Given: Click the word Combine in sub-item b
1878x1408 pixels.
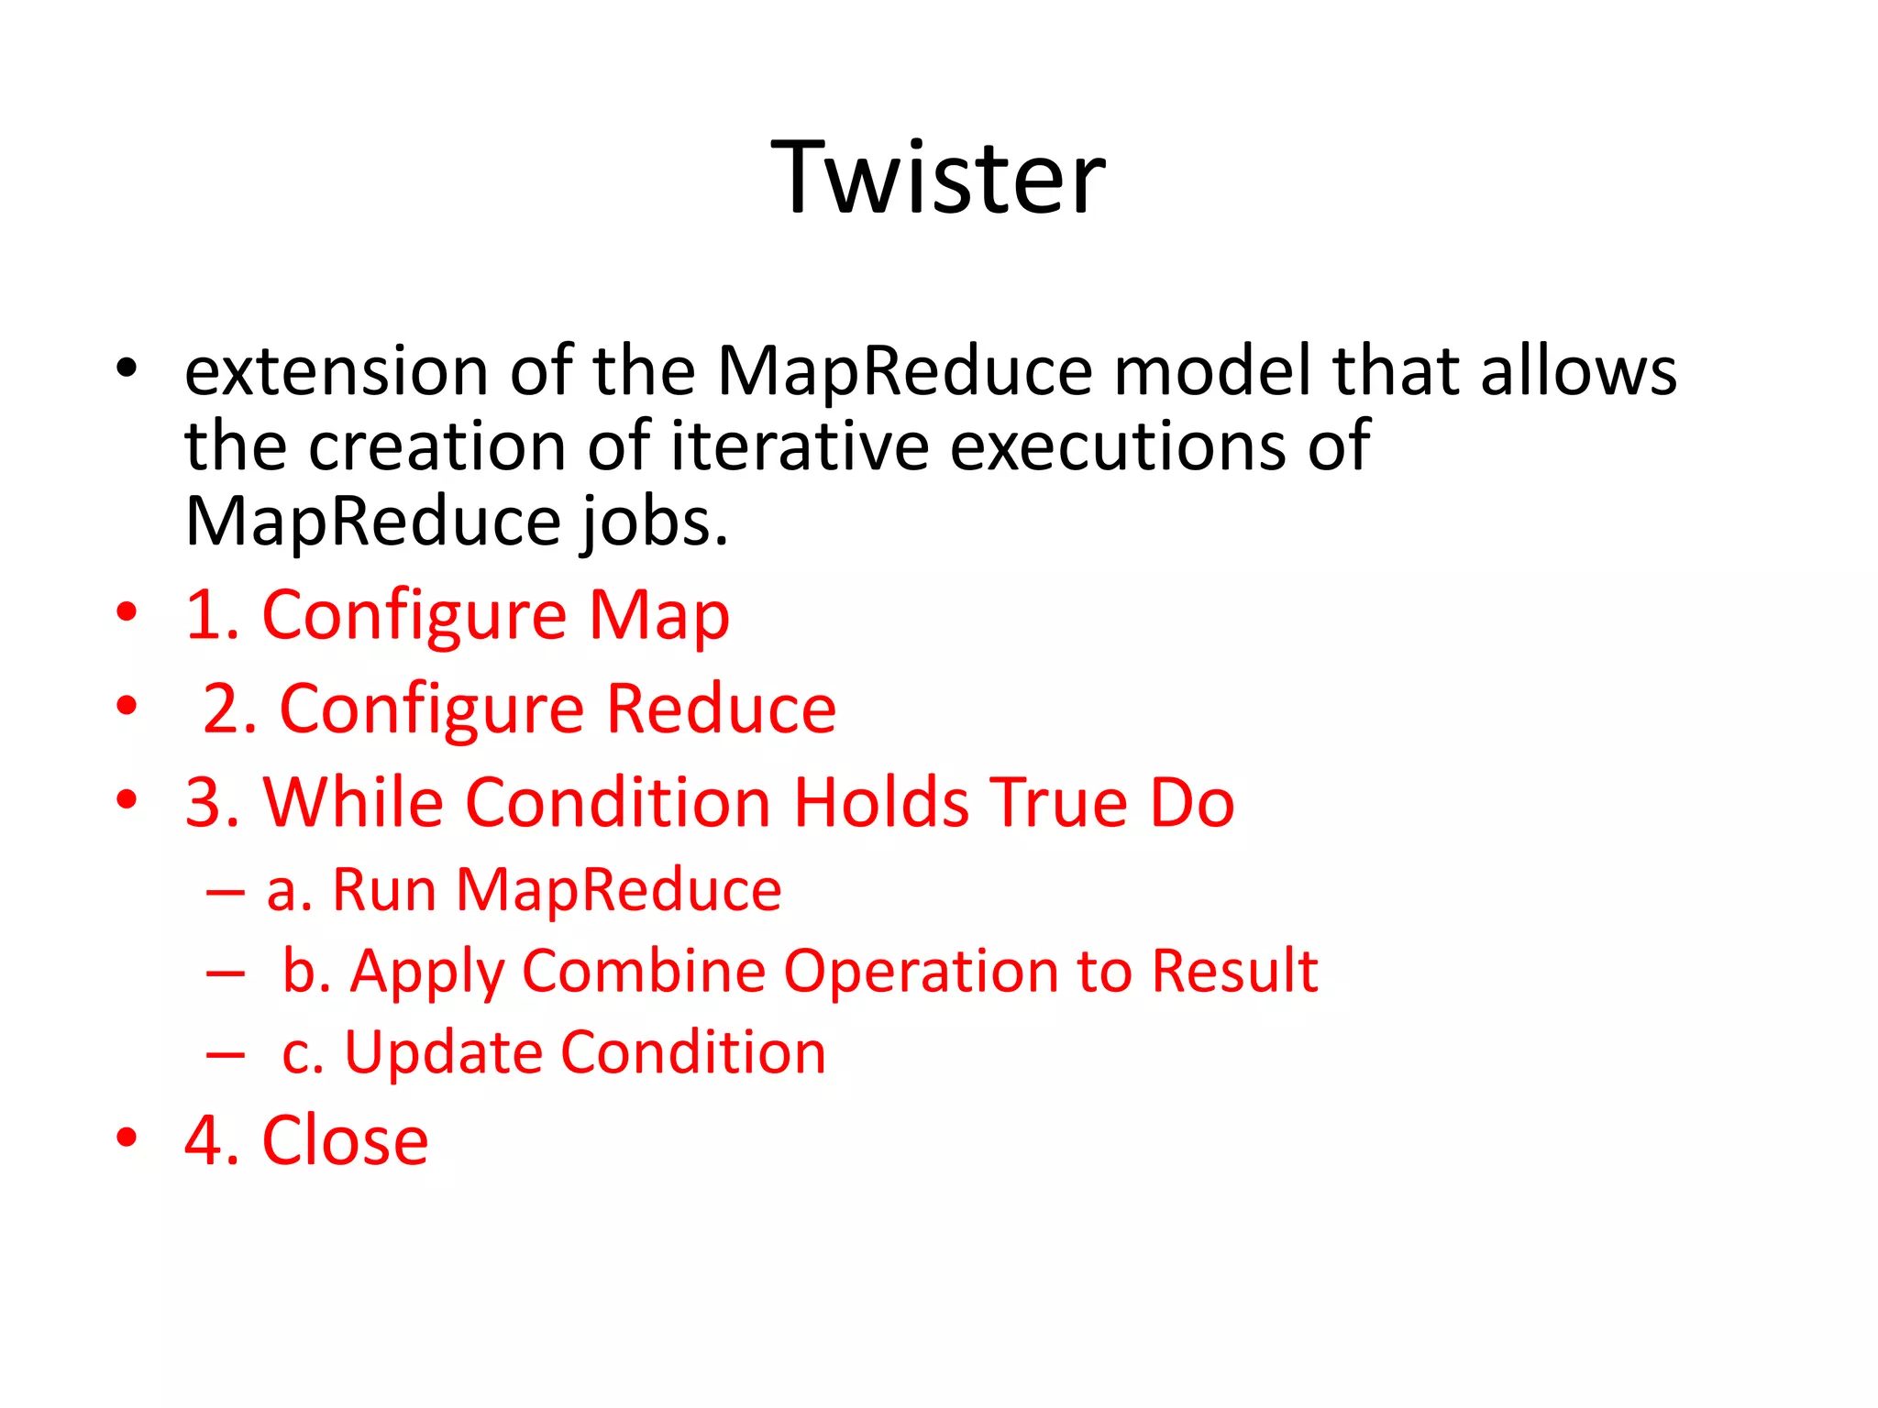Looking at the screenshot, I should pos(643,971).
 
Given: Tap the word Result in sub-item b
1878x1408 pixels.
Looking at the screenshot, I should pos(1234,971).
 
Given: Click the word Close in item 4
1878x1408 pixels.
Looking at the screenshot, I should pos(345,1140).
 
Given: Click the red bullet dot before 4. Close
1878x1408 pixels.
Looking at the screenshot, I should pos(127,1138).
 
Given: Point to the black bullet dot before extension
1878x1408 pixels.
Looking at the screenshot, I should pos(127,368).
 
